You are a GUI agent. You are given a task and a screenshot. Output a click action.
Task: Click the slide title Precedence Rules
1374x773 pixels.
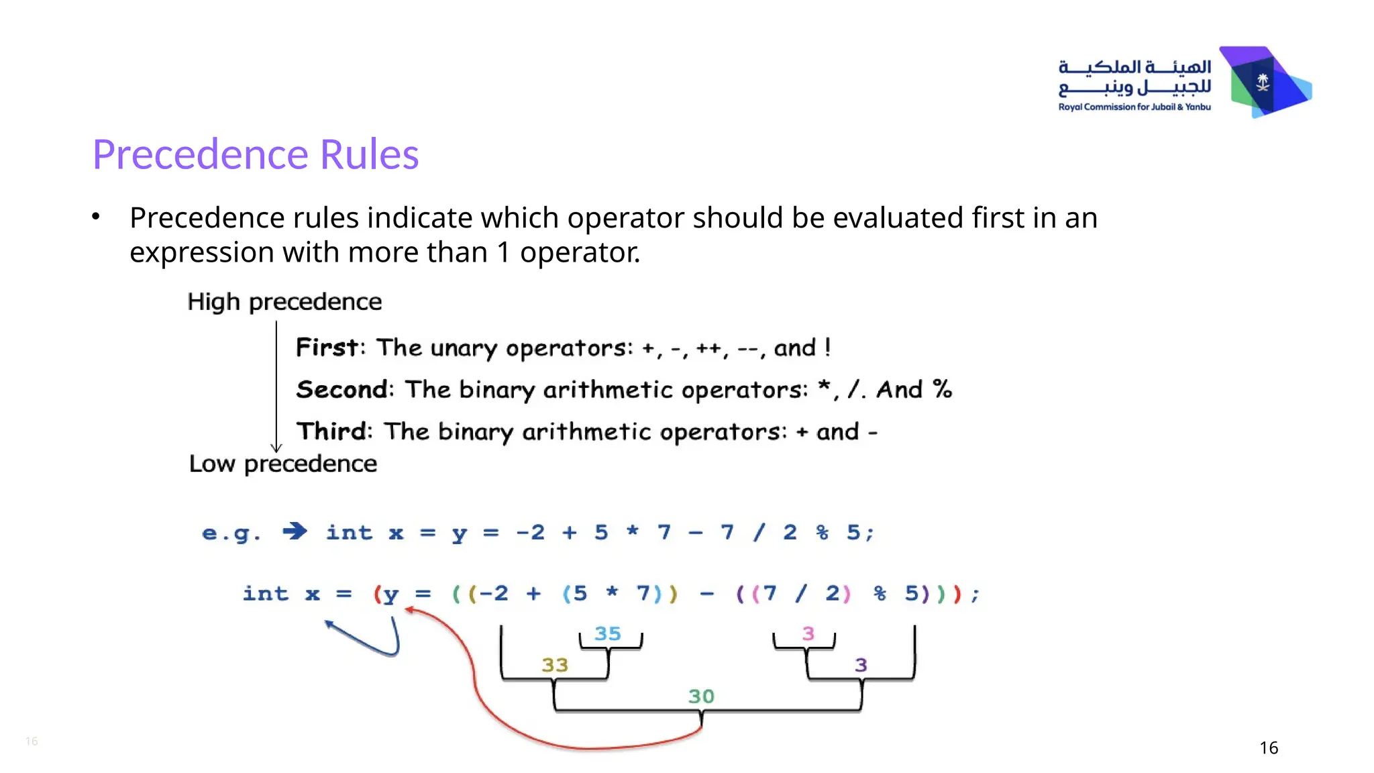pos(255,154)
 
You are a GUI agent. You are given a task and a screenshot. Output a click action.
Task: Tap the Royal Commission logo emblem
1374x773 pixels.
pos(1264,83)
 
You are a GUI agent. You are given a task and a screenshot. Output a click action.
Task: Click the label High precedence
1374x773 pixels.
pos(284,302)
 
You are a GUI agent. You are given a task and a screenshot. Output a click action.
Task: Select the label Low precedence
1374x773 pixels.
pos(282,464)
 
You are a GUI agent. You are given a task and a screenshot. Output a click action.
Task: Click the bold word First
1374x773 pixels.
pos(327,348)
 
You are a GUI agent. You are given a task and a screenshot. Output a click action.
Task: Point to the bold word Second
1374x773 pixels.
pos(341,390)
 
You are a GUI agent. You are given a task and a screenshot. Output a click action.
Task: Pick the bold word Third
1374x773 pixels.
pos(331,431)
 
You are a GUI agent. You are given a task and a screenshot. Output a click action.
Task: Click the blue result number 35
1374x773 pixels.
pos(608,633)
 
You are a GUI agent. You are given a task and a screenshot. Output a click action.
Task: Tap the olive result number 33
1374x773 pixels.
pos(555,665)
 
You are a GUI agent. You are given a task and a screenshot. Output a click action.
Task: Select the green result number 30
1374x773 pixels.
pos(701,697)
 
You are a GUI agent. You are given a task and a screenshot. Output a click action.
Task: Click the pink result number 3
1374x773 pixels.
pos(808,633)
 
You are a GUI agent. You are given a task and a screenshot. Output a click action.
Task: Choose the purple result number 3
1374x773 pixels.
pos(861,665)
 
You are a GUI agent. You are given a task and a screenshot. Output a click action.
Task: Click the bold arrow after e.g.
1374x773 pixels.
pos(295,532)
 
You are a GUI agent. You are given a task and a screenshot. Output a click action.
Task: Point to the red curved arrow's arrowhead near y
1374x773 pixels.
pos(409,610)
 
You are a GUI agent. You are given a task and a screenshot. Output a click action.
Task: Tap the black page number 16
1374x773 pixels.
pos(1269,748)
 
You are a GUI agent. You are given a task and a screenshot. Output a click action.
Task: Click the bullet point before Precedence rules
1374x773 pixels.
pos(96,217)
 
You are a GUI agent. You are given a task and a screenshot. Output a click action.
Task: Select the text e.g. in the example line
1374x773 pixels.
pos(231,533)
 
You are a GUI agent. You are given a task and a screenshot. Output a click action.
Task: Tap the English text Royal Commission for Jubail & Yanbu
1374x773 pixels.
pos(1134,107)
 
